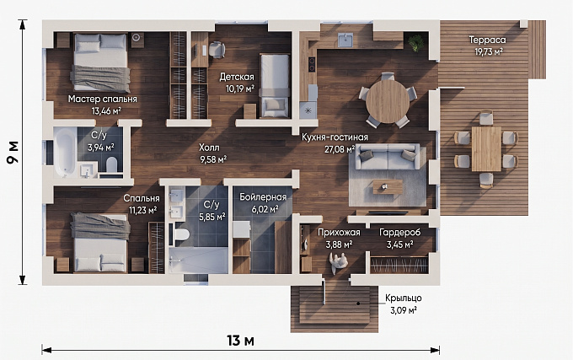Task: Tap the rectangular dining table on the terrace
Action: (486, 148)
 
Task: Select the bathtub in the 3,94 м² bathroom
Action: (65, 153)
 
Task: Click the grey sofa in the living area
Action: (388, 157)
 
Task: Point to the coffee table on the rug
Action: (388, 186)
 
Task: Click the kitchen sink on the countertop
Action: (345, 40)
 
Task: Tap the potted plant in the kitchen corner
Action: (416, 42)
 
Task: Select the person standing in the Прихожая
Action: (339, 262)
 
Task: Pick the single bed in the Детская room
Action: (275, 86)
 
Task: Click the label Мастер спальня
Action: (102, 99)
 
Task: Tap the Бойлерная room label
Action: (263, 197)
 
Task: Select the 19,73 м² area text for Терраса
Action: (489, 52)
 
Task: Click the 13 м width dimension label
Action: (240, 341)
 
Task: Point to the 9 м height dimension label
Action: (13, 153)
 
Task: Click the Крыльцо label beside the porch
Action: (404, 298)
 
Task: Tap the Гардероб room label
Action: (399, 233)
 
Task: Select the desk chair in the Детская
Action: (217, 49)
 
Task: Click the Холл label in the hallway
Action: (209, 148)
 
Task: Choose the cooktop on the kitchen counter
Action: (312, 64)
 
